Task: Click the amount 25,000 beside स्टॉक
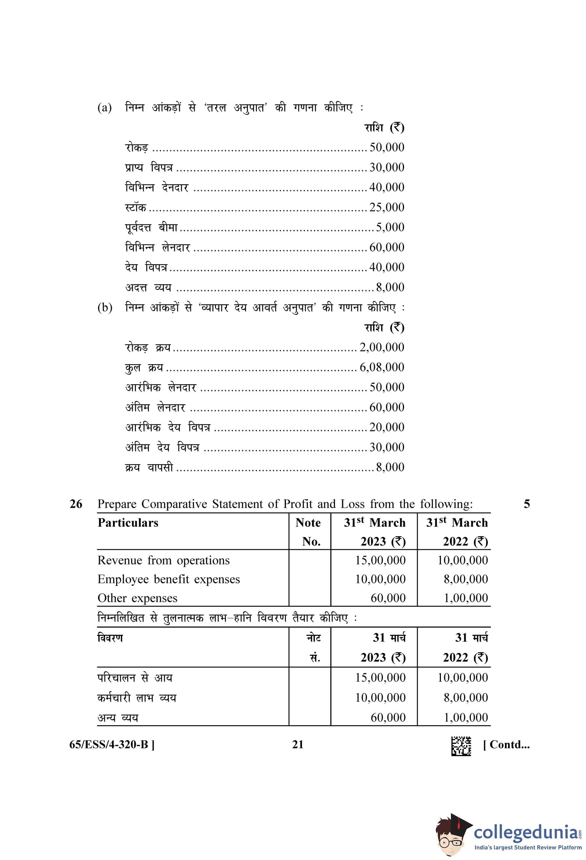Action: point(386,207)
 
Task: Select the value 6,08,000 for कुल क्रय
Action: point(381,367)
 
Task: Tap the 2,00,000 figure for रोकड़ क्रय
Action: point(381,347)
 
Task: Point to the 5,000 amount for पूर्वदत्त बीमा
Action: point(390,227)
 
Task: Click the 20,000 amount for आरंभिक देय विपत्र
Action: point(386,427)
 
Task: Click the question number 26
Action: point(76,504)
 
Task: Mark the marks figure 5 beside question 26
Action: point(526,504)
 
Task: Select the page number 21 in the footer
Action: point(297,745)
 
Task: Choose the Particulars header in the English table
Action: point(128,523)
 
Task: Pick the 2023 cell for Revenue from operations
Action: point(380,560)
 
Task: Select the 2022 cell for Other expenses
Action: point(466,598)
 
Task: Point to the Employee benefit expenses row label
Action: point(168,579)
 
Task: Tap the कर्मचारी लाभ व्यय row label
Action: point(137,698)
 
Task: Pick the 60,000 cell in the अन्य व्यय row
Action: point(388,717)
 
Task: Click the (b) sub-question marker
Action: point(105,308)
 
